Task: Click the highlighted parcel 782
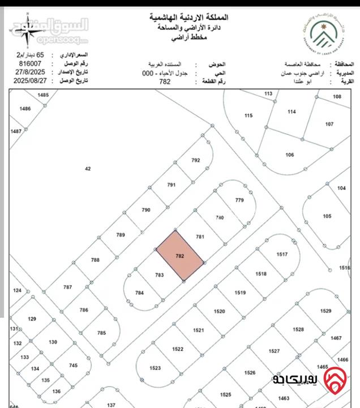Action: click(180, 256)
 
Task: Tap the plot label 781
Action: click(199, 236)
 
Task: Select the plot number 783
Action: click(159, 275)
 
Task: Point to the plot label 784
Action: click(140, 292)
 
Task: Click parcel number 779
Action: click(239, 200)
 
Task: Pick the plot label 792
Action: click(196, 160)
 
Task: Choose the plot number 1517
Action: click(282, 254)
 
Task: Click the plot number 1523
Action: click(156, 368)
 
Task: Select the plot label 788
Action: click(95, 260)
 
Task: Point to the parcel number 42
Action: click(87, 168)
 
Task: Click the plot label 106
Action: click(290, 155)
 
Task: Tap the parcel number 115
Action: click(248, 116)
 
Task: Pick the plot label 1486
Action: click(24, 108)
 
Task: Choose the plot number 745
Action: click(73, 365)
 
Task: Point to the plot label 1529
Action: click(325, 311)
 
